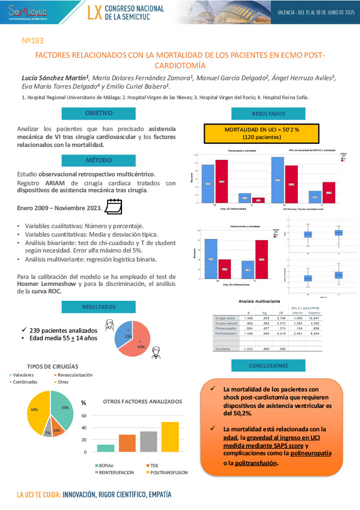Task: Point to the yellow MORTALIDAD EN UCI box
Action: click(261, 133)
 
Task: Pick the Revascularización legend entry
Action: click(71, 375)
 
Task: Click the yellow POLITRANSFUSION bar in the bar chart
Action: click(170, 437)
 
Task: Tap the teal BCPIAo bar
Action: click(106, 448)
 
